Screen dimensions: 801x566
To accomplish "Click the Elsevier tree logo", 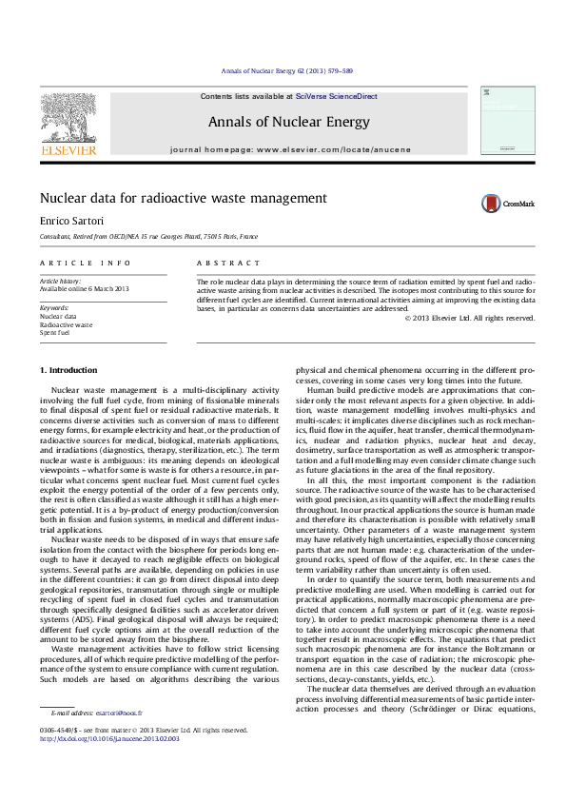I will (x=68, y=120).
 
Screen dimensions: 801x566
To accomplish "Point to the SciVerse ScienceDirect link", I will (x=337, y=97).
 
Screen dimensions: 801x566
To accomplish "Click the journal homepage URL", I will (x=333, y=150).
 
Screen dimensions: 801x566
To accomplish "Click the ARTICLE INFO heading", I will (x=85, y=262).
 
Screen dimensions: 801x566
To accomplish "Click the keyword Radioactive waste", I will (x=66, y=324).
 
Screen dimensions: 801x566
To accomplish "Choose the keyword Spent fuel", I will (x=54, y=333).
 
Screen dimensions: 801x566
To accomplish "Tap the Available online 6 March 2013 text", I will (x=84, y=288).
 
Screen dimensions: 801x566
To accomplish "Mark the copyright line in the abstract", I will (x=470, y=318).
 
